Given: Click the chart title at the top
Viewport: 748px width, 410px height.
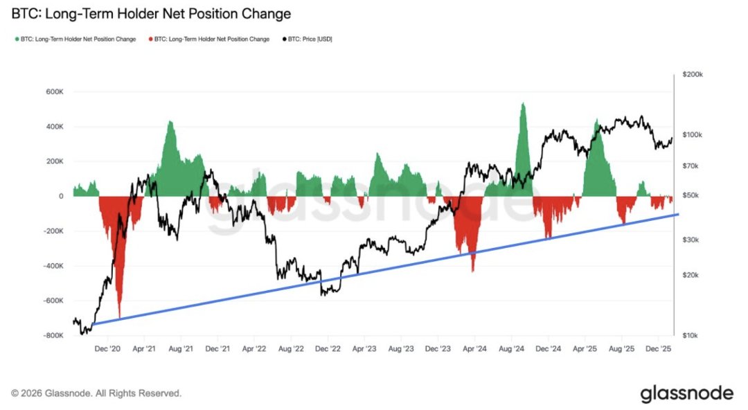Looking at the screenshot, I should [151, 14].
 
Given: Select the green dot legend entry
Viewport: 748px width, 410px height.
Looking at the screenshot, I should [75, 39].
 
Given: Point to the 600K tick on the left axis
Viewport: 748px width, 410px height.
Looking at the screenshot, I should [54, 92].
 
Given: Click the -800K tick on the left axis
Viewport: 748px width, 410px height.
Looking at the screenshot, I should [52, 335].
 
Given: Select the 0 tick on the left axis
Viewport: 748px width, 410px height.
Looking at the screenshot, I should [61, 196].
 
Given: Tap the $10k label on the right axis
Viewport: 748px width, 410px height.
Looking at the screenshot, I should [694, 335].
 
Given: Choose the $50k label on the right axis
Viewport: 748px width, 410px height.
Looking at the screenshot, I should [694, 196].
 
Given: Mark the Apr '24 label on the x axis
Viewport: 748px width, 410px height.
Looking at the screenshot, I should [475, 350].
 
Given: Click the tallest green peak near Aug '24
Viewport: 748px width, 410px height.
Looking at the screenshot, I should [523, 104].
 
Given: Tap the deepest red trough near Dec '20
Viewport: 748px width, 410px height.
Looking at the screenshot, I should [120, 317].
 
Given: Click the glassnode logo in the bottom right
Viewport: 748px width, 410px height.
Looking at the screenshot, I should [686, 393].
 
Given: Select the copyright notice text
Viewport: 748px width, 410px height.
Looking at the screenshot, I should [96, 393].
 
